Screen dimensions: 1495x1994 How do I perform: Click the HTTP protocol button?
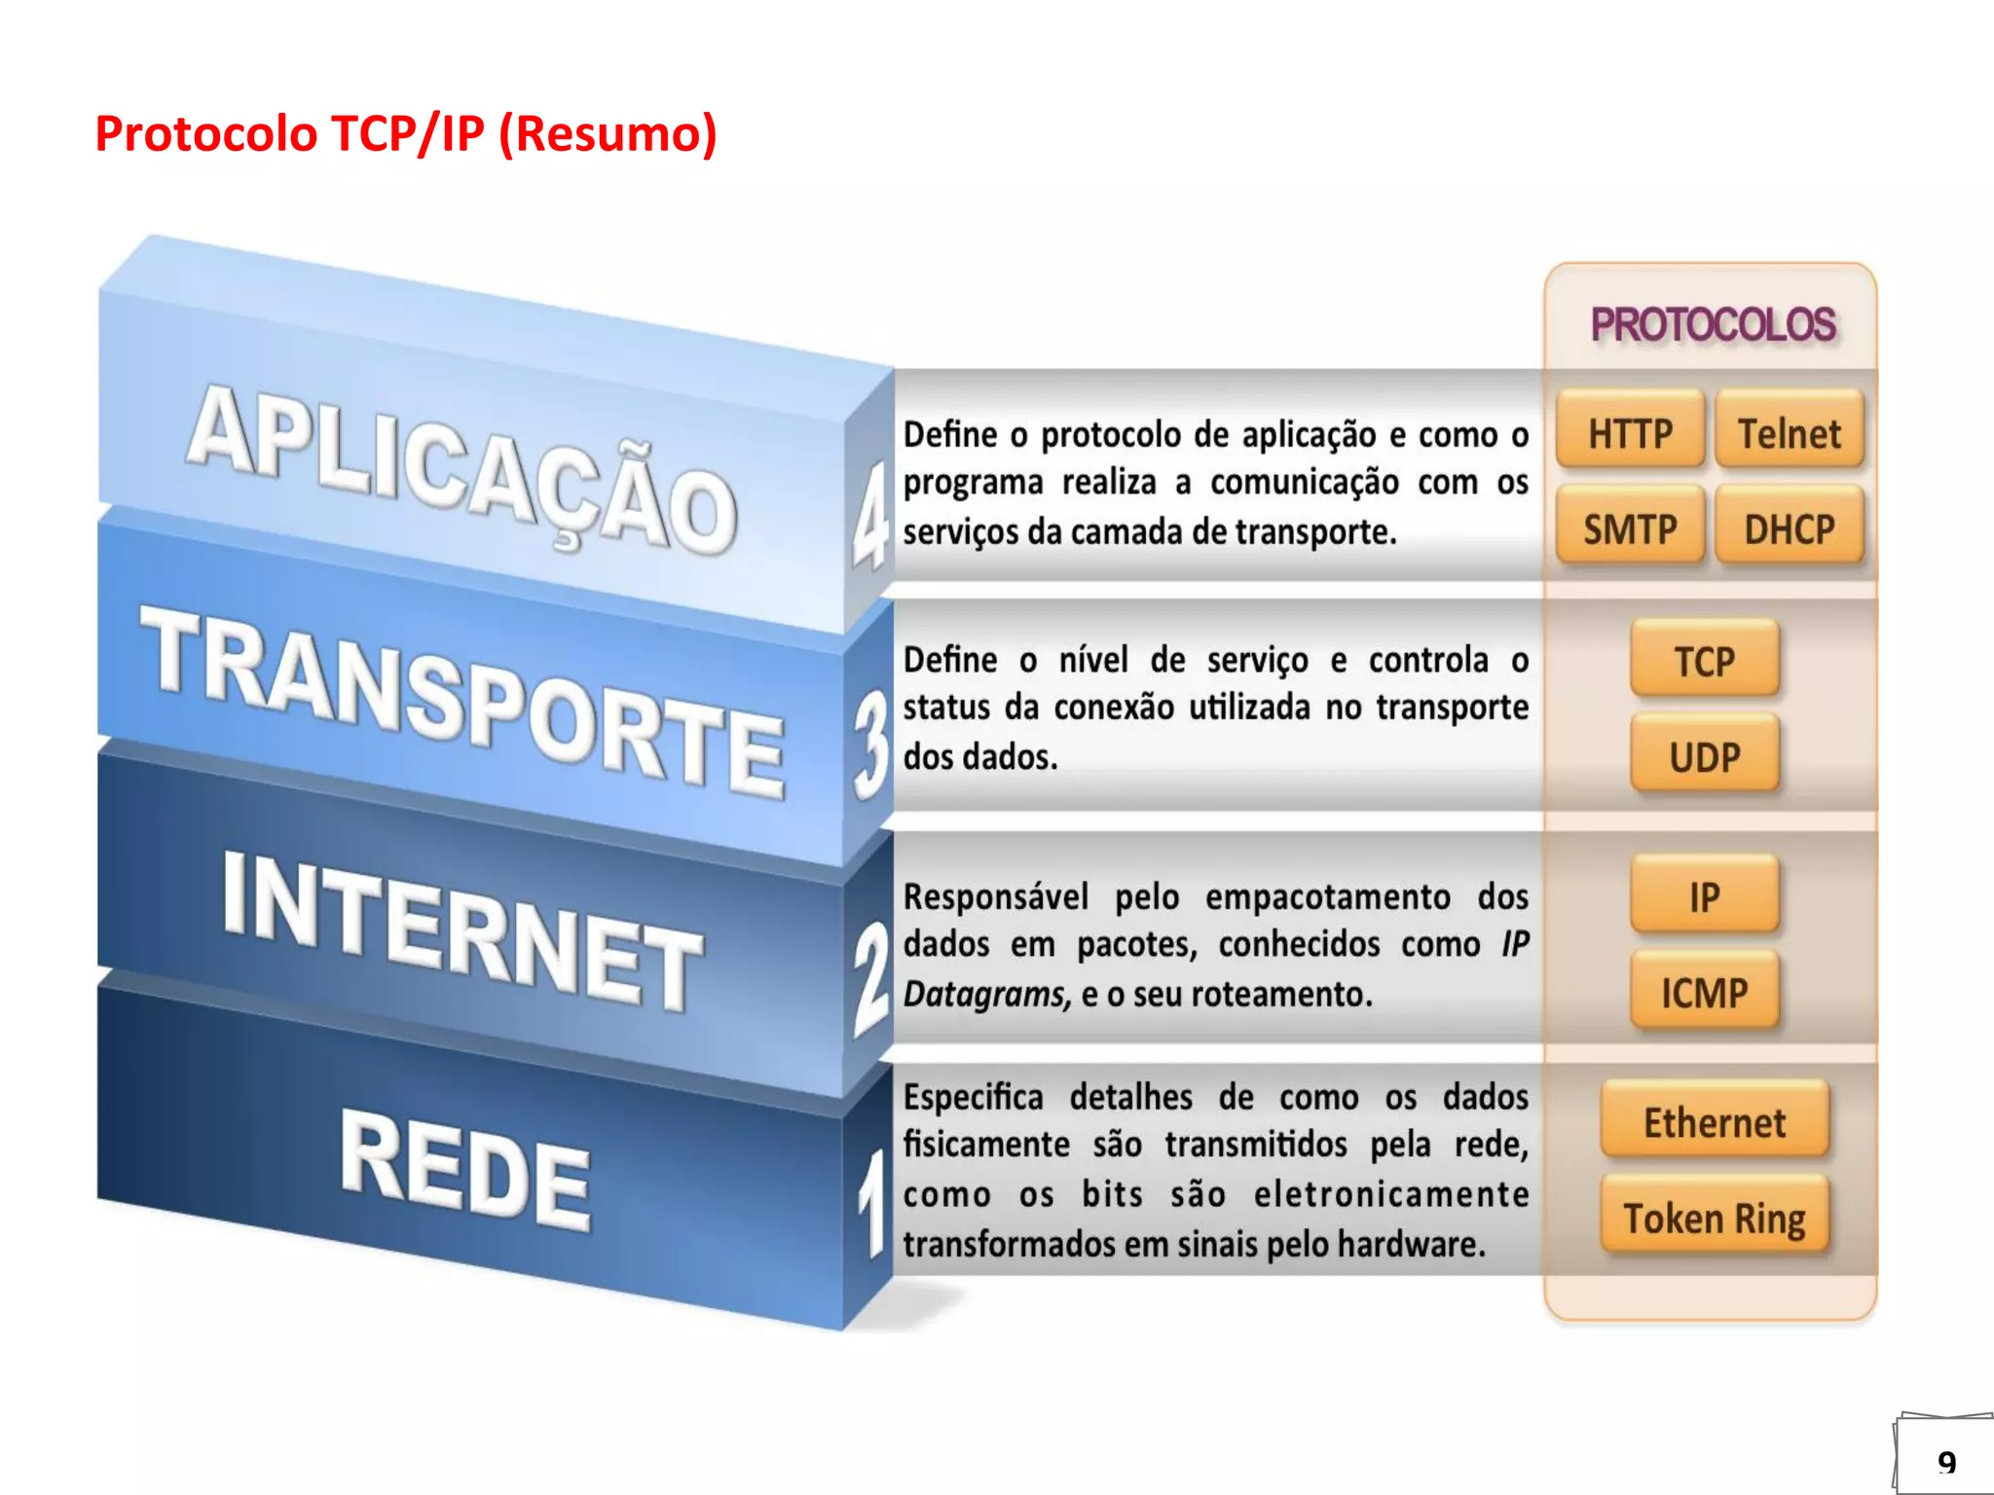pyautogui.click(x=1631, y=432)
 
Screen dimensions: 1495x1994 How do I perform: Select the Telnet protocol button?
pyautogui.click(x=1790, y=432)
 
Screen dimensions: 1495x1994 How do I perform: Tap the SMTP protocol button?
pyautogui.click(x=1631, y=529)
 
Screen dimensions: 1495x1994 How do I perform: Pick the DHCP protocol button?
pyautogui.click(x=1790, y=529)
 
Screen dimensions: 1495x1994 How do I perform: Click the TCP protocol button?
pyautogui.click(x=1705, y=660)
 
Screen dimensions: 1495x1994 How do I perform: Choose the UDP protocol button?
pyautogui.click(x=1705, y=755)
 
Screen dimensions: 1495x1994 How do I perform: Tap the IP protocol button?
pyautogui.click(x=1705, y=895)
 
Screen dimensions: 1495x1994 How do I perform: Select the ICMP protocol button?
pyautogui.click(x=1705, y=992)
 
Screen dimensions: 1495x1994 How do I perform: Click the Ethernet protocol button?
pyautogui.click(x=1715, y=1121)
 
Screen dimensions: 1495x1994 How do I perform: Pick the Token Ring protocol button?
pyautogui.click(x=1715, y=1217)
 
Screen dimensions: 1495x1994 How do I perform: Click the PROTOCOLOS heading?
pyautogui.click(x=1713, y=324)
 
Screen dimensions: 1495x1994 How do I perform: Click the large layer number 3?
pyautogui.click(x=870, y=745)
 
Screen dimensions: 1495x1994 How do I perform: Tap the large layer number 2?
pyautogui.click(x=870, y=978)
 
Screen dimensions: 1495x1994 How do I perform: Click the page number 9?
pyautogui.click(x=1946, y=1462)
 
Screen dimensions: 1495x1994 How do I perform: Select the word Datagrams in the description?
pyautogui.click(x=986, y=994)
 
